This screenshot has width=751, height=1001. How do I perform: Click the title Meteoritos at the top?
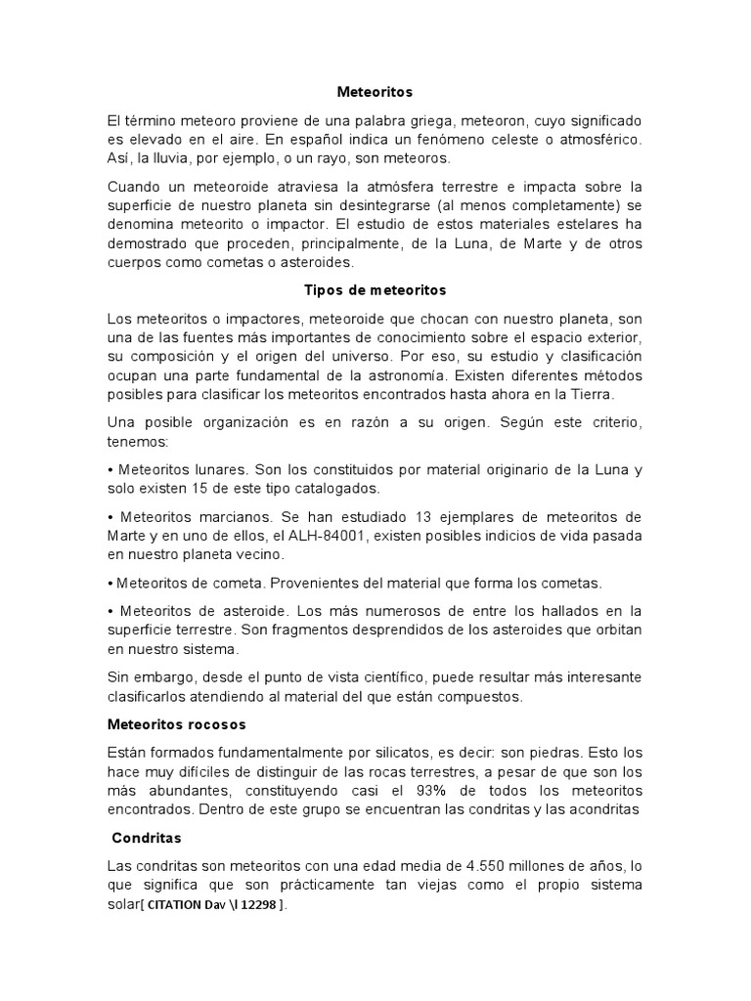tap(375, 92)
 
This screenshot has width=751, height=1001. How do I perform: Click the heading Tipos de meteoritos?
tap(375, 290)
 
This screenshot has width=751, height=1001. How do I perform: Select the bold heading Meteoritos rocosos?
tap(176, 724)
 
